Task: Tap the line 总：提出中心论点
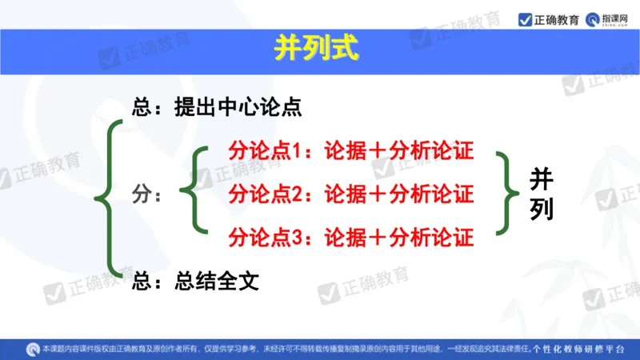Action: click(x=218, y=107)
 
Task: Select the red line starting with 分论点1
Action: click(x=351, y=151)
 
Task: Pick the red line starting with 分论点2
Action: click(x=351, y=194)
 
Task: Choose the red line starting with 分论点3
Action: click(x=351, y=237)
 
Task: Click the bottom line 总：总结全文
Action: click(x=196, y=281)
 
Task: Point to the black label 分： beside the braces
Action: click(x=148, y=194)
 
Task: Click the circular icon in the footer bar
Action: click(x=33, y=349)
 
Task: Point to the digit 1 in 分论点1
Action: click(x=294, y=151)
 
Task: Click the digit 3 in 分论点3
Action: click(x=294, y=237)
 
